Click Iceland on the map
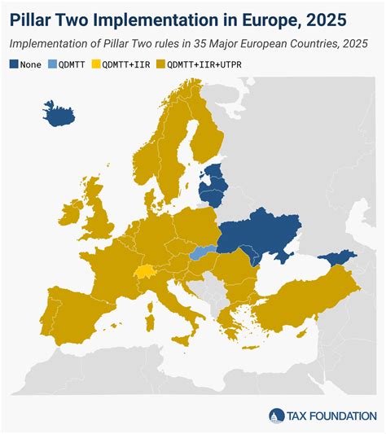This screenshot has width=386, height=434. click(59, 114)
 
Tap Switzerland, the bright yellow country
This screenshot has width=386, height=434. click(145, 273)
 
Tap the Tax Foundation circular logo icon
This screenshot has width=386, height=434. click(278, 415)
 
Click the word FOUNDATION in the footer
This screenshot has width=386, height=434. click(343, 415)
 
